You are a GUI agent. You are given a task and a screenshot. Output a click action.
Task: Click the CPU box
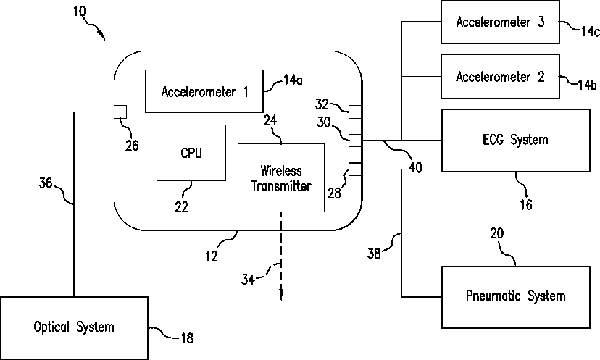click(x=191, y=153)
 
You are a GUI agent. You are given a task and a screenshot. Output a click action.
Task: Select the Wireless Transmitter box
click(x=281, y=178)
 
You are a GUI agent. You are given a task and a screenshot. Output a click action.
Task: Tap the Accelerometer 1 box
click(x=204, y=91)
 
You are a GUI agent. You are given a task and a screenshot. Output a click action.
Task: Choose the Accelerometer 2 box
click(x=500, y=77)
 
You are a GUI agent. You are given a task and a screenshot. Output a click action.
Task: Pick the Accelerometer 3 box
click(x=500, y=22)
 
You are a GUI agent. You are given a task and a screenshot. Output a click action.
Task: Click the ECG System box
click(x=516, y=141)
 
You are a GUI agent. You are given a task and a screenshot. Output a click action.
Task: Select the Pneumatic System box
click(x=516, y=297)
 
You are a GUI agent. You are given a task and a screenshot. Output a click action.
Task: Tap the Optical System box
click(x=74, y=328)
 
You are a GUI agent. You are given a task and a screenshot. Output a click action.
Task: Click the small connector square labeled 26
click(x=120, y=112)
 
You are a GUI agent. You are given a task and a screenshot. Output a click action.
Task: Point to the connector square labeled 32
click(x=355, y=112)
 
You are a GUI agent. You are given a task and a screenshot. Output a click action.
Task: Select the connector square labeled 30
click(x=355, y=141)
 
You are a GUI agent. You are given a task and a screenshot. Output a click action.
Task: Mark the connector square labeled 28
click(x=355, y=169)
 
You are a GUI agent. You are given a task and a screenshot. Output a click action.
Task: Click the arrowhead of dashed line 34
click(x=281, y=295)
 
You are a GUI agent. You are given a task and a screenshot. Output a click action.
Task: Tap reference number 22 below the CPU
click(x=182, y=207)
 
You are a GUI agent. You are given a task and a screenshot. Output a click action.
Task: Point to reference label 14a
click(x=293, y=80)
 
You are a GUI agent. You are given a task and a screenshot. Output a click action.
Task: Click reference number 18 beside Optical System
click(x=187, y=338)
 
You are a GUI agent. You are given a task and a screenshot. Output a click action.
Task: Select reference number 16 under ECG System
click(x=526, y=205)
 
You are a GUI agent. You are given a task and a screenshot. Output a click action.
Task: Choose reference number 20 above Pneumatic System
click(x=497, y=233)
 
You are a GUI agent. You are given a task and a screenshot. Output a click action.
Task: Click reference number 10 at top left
click(x=80, y=12)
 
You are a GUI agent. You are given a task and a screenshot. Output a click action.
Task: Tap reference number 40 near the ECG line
click(x=415, y=167)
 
